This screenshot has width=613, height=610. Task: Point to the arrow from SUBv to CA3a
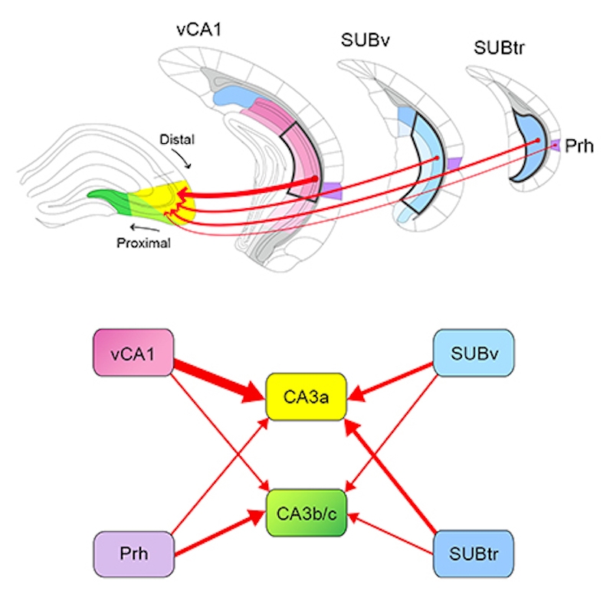tap(395, 380)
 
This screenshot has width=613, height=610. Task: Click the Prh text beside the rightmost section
tap(581, 145)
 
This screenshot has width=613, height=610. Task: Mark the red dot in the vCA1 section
tap(314, 179)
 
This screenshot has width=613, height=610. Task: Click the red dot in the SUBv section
tap(437, 158)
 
